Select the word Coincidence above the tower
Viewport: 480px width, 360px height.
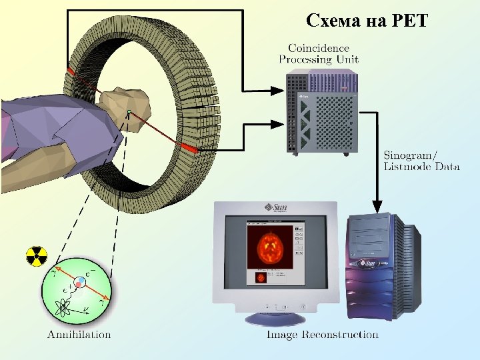(318, 48)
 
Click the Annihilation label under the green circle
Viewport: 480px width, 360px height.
(79, 334)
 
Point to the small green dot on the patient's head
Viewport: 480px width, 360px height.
(129, 111)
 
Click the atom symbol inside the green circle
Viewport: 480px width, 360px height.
(65, 308)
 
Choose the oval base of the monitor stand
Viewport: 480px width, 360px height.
(274, 319)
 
